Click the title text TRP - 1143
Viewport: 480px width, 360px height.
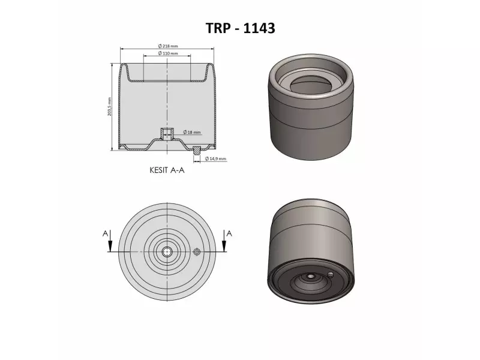pos(239,28)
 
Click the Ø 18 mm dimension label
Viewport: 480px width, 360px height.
pos(191,132)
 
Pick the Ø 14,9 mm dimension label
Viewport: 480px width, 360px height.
pos(215,158)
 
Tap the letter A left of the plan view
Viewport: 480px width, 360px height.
pos(106,232)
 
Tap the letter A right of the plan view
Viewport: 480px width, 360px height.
pos(229,232)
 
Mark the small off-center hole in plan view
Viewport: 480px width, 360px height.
pos(196,251)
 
